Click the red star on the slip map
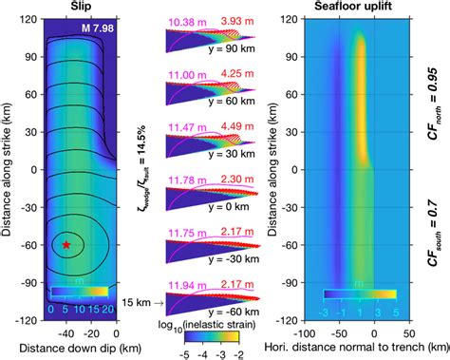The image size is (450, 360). [x=66, y=245]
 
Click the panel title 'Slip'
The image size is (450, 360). [x=83, y=7]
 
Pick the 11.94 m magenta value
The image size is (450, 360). [x=189, y=285]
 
